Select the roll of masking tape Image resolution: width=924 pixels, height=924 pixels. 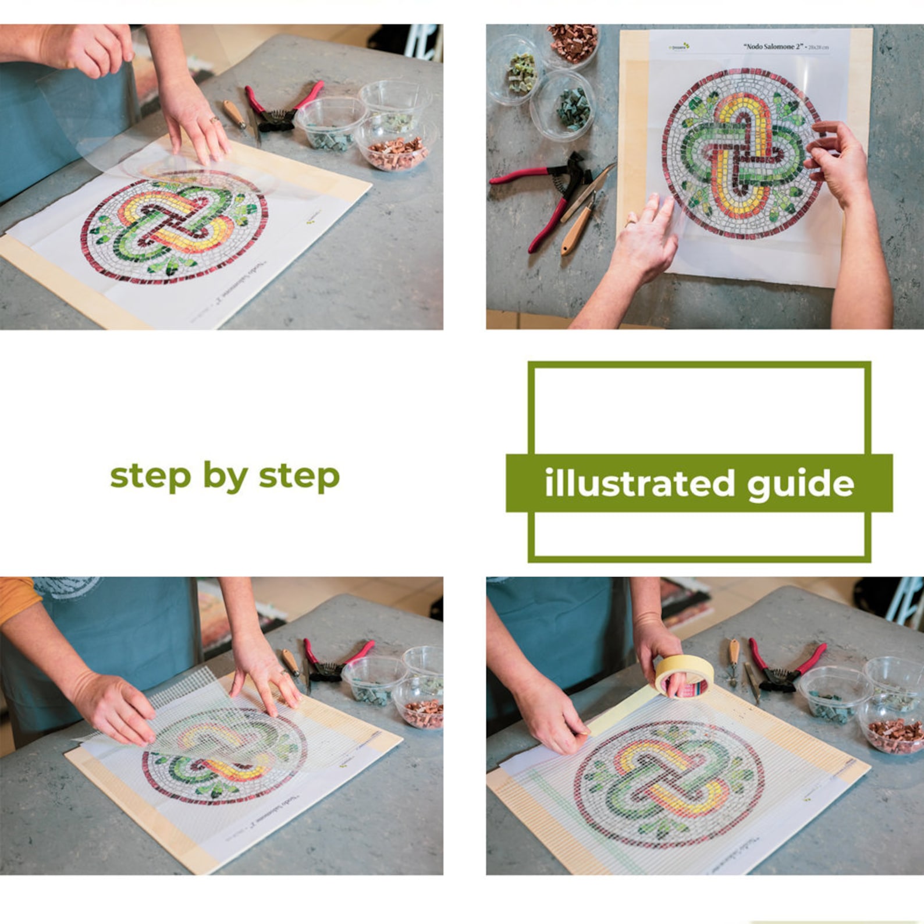pyautogui.click(x=684, y=676)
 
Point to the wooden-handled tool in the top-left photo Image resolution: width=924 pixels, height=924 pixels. pyautogui.click(x=234, y=114)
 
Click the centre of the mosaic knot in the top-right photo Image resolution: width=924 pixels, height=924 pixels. pyautogui.click(x=741, y=153)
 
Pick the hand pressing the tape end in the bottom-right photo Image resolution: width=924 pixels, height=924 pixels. pyautogui.click(x=552, y=722)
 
